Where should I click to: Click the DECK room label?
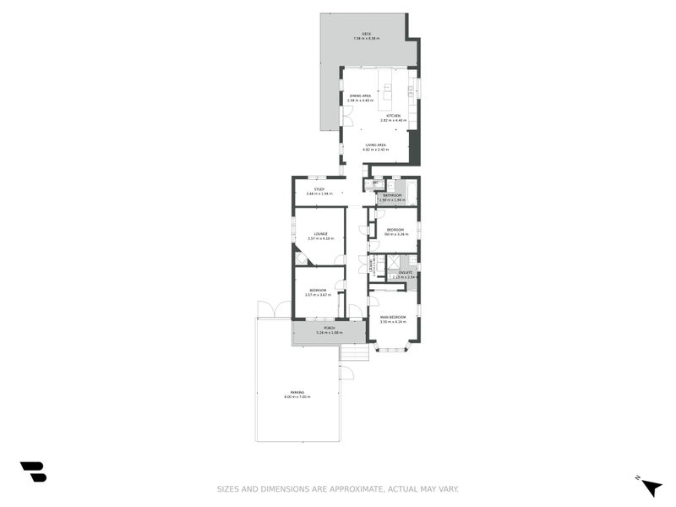(367, 34)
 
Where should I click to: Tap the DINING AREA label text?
(361, 96)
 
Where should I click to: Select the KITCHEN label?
(393, 116)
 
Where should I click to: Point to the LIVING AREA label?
(376, 145)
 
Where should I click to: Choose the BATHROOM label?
(392, 195)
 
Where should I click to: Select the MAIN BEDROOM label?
(394, 318)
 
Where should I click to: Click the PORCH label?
(329, 329)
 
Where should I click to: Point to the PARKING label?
(297, 392)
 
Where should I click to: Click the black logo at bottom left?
(33, 472)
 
